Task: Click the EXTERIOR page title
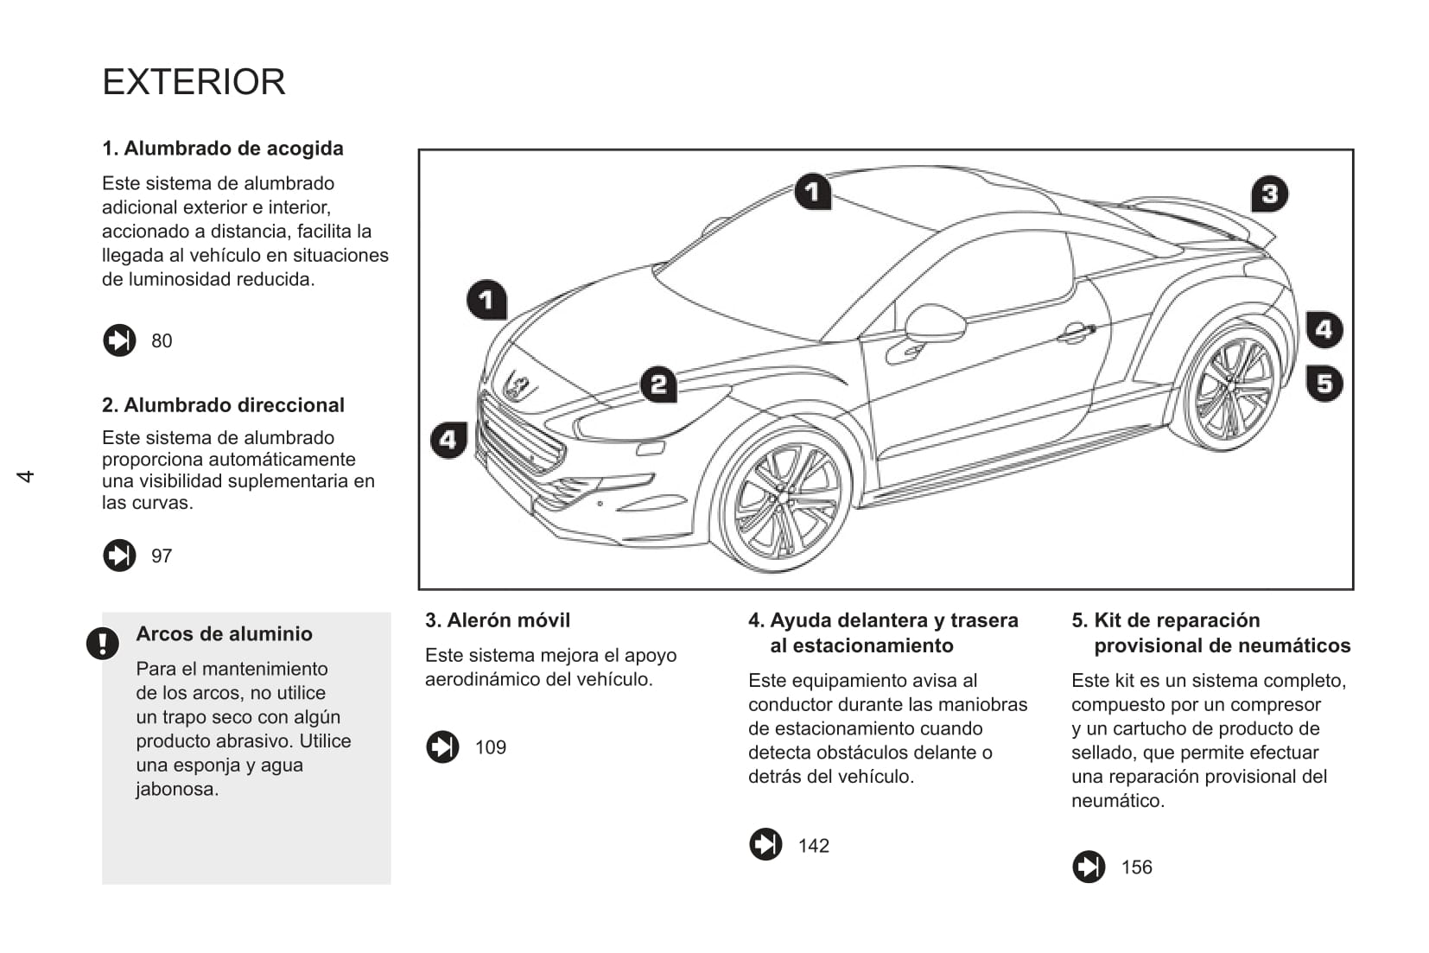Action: (194, 82)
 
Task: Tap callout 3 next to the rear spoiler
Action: (1269, 194)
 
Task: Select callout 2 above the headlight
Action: (658, 384)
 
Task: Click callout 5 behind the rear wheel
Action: (1324, 383)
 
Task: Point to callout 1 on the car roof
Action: (812, 192)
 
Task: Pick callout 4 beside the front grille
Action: (448, 441)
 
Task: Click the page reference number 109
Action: (491, 747)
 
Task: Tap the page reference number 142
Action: (814, 846)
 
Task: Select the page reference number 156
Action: (1137, 867)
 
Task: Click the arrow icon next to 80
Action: (119, 340)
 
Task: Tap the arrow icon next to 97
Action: (119, 556)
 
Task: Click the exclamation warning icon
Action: (102, 643)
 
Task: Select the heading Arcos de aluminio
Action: (224, 634)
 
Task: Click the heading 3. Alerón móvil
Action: (498, 620)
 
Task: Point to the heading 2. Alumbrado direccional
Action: (223, 405)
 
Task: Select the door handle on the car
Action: (1076, 332)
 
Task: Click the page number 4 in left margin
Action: (26, 476)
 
